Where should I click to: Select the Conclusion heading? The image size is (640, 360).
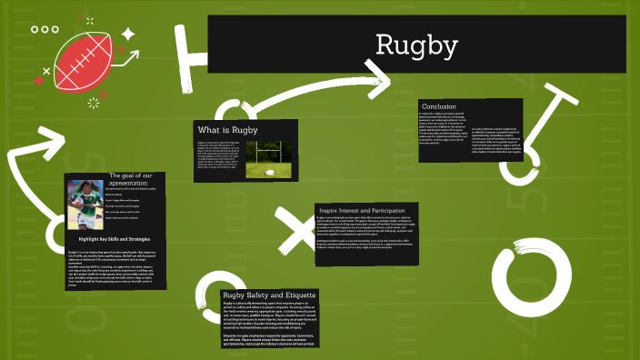coord(438,106)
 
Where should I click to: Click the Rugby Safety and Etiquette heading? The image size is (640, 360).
coord(269,295)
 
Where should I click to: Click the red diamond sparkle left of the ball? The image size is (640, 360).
coord(38,80)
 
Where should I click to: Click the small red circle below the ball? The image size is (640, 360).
coord(103,95)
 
